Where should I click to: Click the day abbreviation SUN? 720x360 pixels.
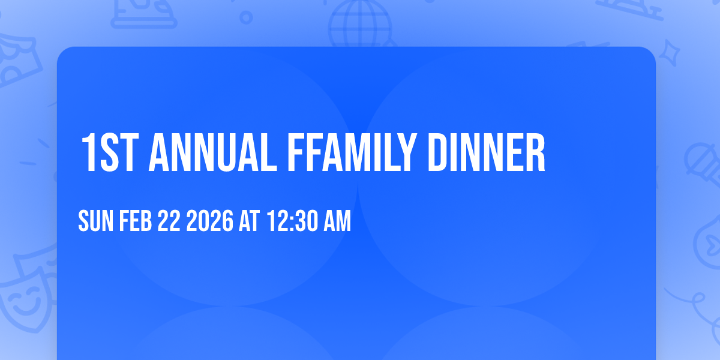96,222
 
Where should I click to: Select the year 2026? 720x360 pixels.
209,222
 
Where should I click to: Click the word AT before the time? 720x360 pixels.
249,222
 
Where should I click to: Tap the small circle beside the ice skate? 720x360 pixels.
245,17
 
